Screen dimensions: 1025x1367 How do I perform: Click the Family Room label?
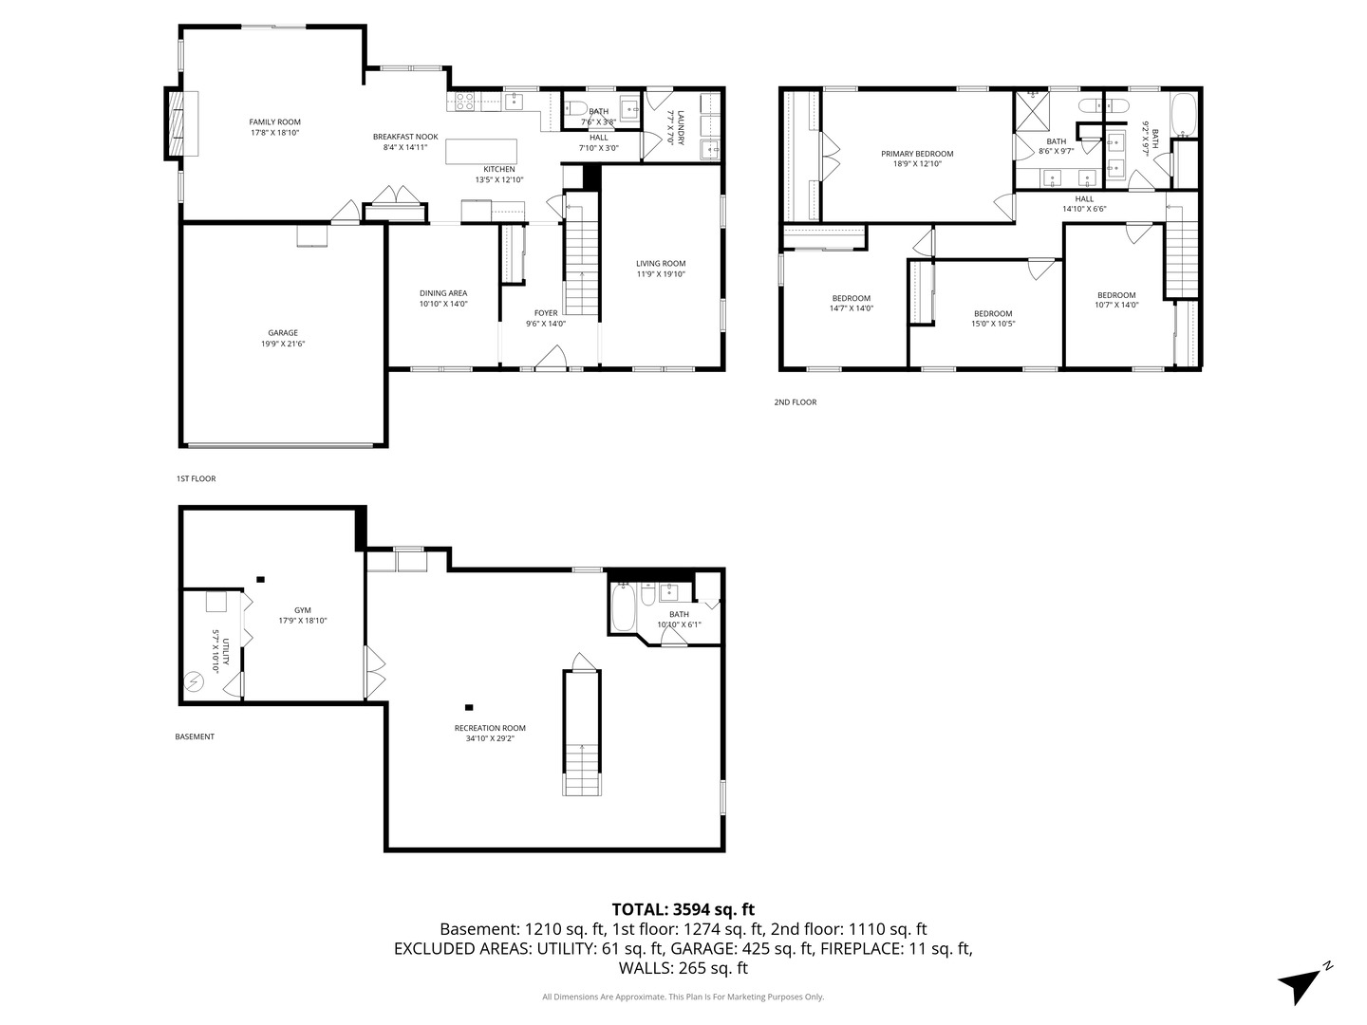click(x=274, y=121)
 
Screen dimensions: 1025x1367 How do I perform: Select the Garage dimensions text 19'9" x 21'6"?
click(x=282, y=344)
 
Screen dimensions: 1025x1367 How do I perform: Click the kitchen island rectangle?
click(x=481, y=152)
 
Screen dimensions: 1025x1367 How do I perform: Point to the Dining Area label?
click(x=443, y=292)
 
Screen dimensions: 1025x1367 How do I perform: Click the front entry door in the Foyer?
click(x=550, y=358)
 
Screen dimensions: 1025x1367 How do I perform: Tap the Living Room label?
click(x=660, y=264)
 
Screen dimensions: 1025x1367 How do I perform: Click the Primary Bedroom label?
click(x=916, y=154)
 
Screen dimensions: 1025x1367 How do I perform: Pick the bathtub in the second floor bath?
click(x=1185, y=116)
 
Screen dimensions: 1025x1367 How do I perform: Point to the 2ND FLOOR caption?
click(x=795, y=402)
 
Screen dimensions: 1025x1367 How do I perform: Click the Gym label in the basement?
click(x=302, y=610)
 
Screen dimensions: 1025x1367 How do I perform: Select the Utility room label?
click(x=215, y=651)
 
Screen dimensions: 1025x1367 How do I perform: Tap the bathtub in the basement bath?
click(x=623, y=608)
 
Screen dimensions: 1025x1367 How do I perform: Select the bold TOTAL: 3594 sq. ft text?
click(x=683, y=909)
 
